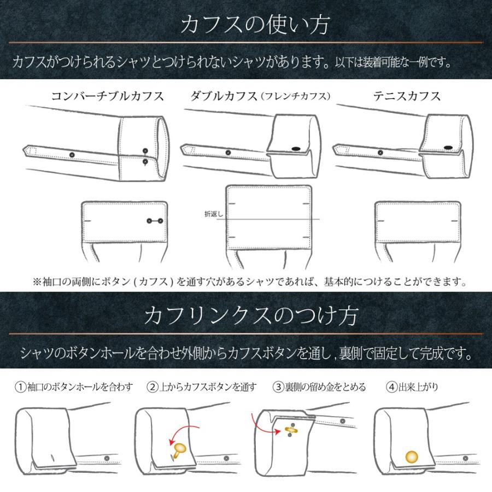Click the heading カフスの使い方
(245, 25)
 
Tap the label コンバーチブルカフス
(107, 96)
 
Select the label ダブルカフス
(224, 96)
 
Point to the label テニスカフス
(407, 96)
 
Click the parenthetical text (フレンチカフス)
(296, 97)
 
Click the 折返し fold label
(212, 215)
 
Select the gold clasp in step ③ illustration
(292, 430)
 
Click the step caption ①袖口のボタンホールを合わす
(73, 388)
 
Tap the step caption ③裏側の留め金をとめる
(320, 388)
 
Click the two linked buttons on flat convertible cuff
(155, 221)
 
